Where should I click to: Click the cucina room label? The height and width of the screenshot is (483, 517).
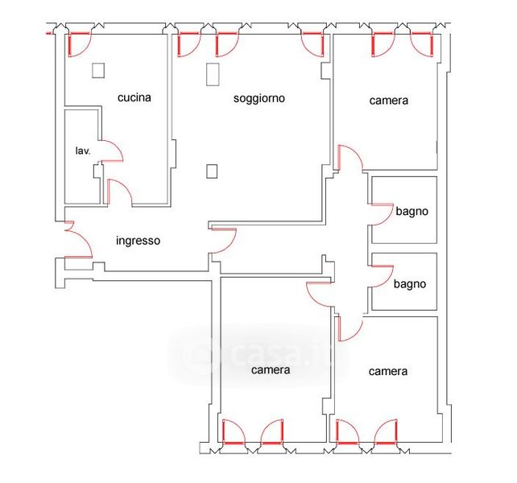(134, 97)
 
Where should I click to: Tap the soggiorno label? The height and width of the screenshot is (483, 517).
(259, 98)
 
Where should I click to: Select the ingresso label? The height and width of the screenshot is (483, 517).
(139, 241)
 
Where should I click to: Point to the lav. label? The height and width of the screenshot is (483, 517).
(83, 151)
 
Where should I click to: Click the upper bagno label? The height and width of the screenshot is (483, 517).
(412, 211)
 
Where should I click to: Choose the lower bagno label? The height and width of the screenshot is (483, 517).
(410, 284)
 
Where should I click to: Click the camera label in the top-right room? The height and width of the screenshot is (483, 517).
(389, 101)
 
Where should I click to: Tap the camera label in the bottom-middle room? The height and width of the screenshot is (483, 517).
(271, 370)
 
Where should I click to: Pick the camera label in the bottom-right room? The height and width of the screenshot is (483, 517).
(388, 372)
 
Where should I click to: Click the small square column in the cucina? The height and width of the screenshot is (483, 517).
(98, 71)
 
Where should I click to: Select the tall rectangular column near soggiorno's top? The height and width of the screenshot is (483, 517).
(213, 75)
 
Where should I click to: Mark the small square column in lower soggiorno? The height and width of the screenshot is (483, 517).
(212, 171)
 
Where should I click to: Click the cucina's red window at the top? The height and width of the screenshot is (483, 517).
(79, 44)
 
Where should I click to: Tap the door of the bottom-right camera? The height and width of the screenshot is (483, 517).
(351, 328)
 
